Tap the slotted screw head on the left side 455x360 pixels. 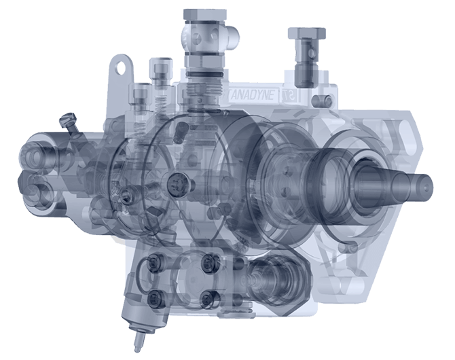coord(66,121)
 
